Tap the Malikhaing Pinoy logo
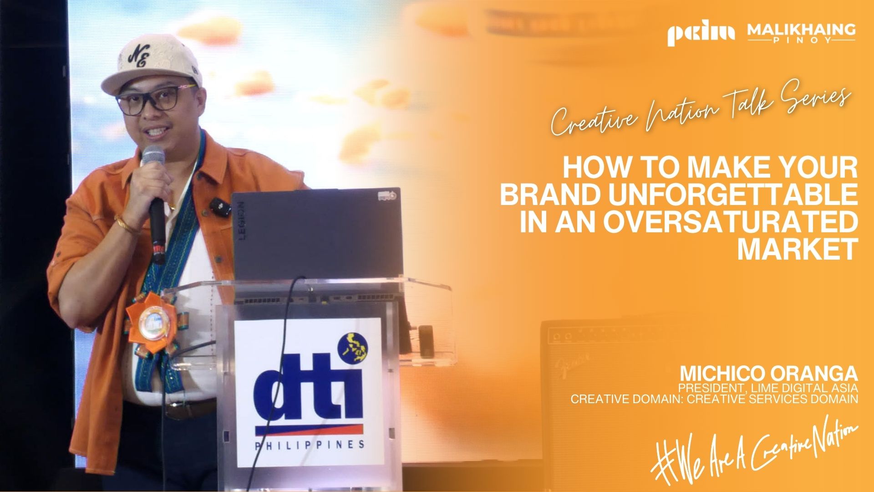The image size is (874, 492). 801,33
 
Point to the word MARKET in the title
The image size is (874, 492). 798,249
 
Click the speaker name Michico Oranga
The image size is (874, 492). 769,374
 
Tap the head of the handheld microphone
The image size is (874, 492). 152,156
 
